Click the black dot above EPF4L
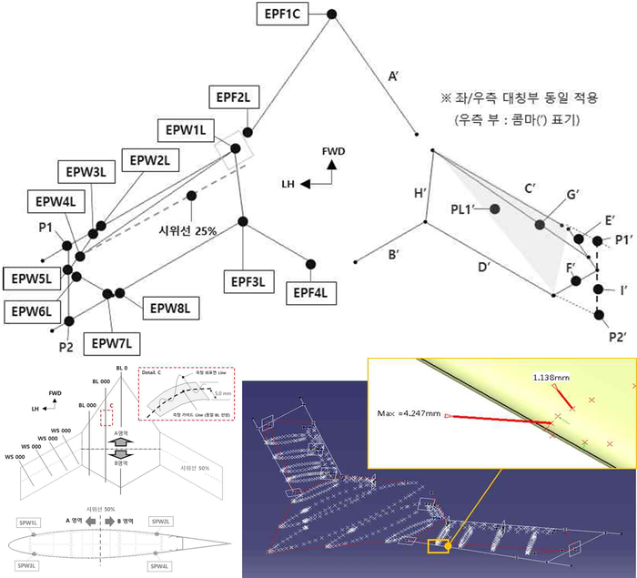[309, 264]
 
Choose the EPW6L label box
[32, 312]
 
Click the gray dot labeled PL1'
[494, 209]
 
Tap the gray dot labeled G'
[540, 224]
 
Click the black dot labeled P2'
[598, 315]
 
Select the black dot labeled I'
[598, 290]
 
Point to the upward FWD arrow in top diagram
[333, 167]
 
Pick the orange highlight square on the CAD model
[438, 545]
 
